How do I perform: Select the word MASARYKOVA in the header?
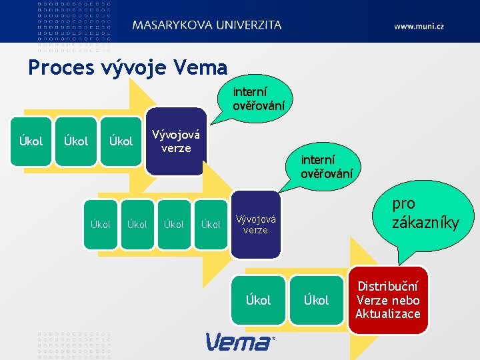(x=173, y=25)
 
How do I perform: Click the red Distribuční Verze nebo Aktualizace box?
(x=388, y=300)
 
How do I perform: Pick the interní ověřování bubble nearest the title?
(x=259, y=97)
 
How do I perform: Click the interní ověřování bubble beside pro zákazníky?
(x=327, y=167)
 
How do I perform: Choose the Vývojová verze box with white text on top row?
(x=175, y=141)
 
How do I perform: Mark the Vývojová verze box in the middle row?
(x=256, y=224)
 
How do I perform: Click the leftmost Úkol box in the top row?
(x=31, y=141)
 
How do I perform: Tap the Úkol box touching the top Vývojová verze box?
(x=121, y=141)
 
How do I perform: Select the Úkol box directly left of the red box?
(x=316, y=300)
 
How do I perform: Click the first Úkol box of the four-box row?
(x=100, y=224)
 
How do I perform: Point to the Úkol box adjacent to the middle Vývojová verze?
(x=211, y=224)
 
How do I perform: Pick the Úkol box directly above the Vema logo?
(x=258, y=300)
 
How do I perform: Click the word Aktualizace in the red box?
(x=388, y=314)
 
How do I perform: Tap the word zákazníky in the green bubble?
(x=425, y=223)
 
